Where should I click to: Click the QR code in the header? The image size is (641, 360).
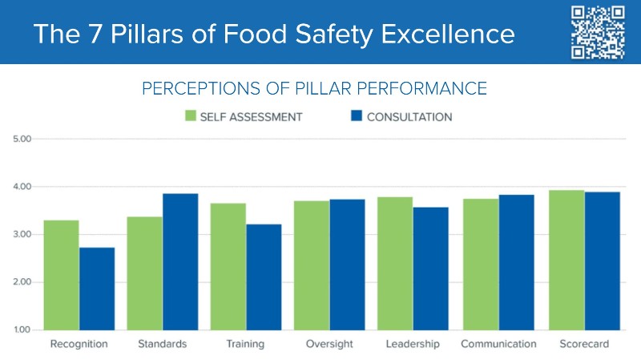597,32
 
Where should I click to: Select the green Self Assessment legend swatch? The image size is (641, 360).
191,116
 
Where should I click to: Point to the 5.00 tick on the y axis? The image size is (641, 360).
21,139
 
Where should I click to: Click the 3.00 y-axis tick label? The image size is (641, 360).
21,234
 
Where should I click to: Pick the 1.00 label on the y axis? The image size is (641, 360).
21,330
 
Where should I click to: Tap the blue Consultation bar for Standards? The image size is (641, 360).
180,261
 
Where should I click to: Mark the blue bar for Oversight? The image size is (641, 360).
347,265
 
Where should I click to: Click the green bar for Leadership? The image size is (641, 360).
396,263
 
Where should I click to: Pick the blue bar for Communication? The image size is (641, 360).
517,262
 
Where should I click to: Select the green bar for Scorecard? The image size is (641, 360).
566,260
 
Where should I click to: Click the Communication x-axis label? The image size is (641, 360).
498,344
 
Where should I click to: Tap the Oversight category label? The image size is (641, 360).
329,344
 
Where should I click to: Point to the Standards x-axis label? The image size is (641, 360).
163,344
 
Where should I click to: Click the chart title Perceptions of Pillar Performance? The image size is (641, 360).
315,88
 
